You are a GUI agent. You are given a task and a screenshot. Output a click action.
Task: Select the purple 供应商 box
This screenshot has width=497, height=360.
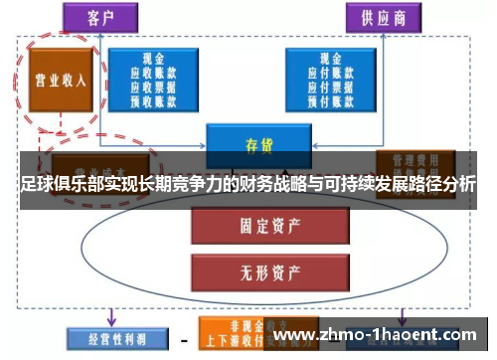point(383,18)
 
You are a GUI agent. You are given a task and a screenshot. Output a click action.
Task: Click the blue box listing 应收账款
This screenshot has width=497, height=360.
point(153,80)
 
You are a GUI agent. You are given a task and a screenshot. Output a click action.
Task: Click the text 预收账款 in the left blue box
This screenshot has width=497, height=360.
point(153,101)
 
